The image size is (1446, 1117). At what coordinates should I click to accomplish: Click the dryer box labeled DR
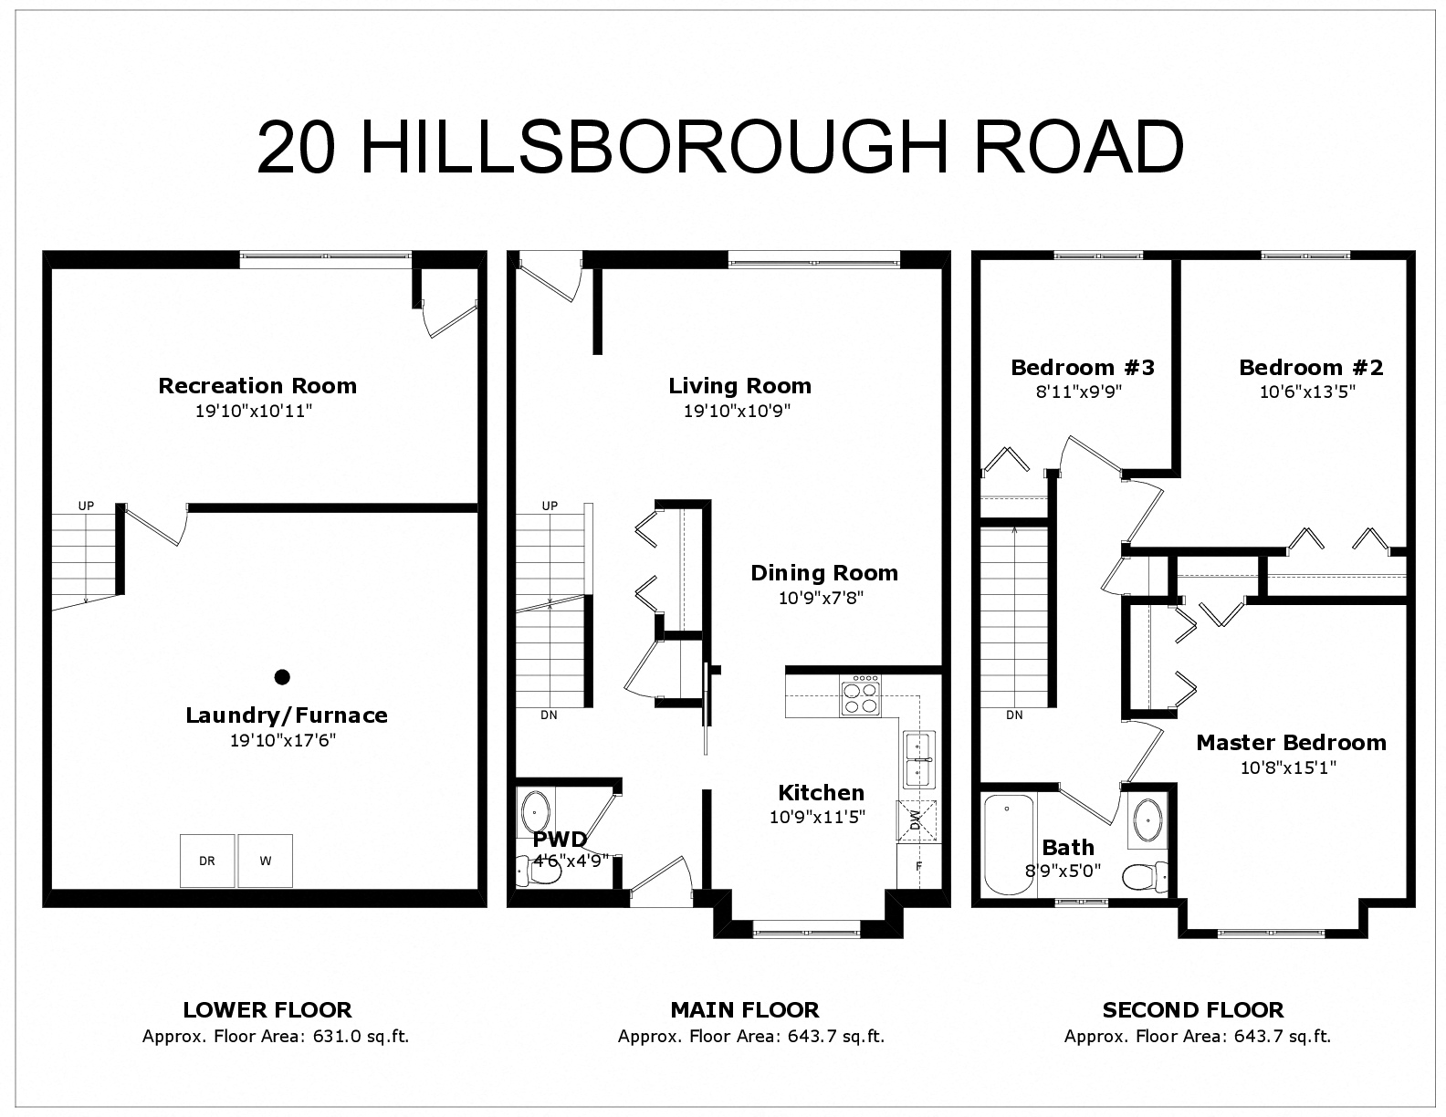tap(207, 861)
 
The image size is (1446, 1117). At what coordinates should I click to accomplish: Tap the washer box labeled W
tap(266, 861)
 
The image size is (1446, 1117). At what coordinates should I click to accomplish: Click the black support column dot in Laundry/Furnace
tap(282, 677)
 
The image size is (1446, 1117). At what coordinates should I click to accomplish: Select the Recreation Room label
tap(257, 386)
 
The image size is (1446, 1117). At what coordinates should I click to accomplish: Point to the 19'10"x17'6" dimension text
tap(283, 741)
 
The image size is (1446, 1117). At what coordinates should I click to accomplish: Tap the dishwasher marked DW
tap(914, 819)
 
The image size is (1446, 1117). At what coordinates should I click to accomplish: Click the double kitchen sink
tap(918, 759)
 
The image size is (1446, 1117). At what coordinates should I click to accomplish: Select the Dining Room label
tap(824, 573)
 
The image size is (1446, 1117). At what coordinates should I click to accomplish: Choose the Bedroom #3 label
tap(1082, 368)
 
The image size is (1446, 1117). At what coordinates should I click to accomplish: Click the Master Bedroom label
tap(1291, 743)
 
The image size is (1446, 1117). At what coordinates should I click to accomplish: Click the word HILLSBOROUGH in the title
tap(665, 148)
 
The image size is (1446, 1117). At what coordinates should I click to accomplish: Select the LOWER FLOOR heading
tap(267, 1010)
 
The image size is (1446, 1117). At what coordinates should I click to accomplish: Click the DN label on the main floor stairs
tap(549, 715)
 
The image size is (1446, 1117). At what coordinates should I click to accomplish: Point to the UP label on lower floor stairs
tap(86, 506)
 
